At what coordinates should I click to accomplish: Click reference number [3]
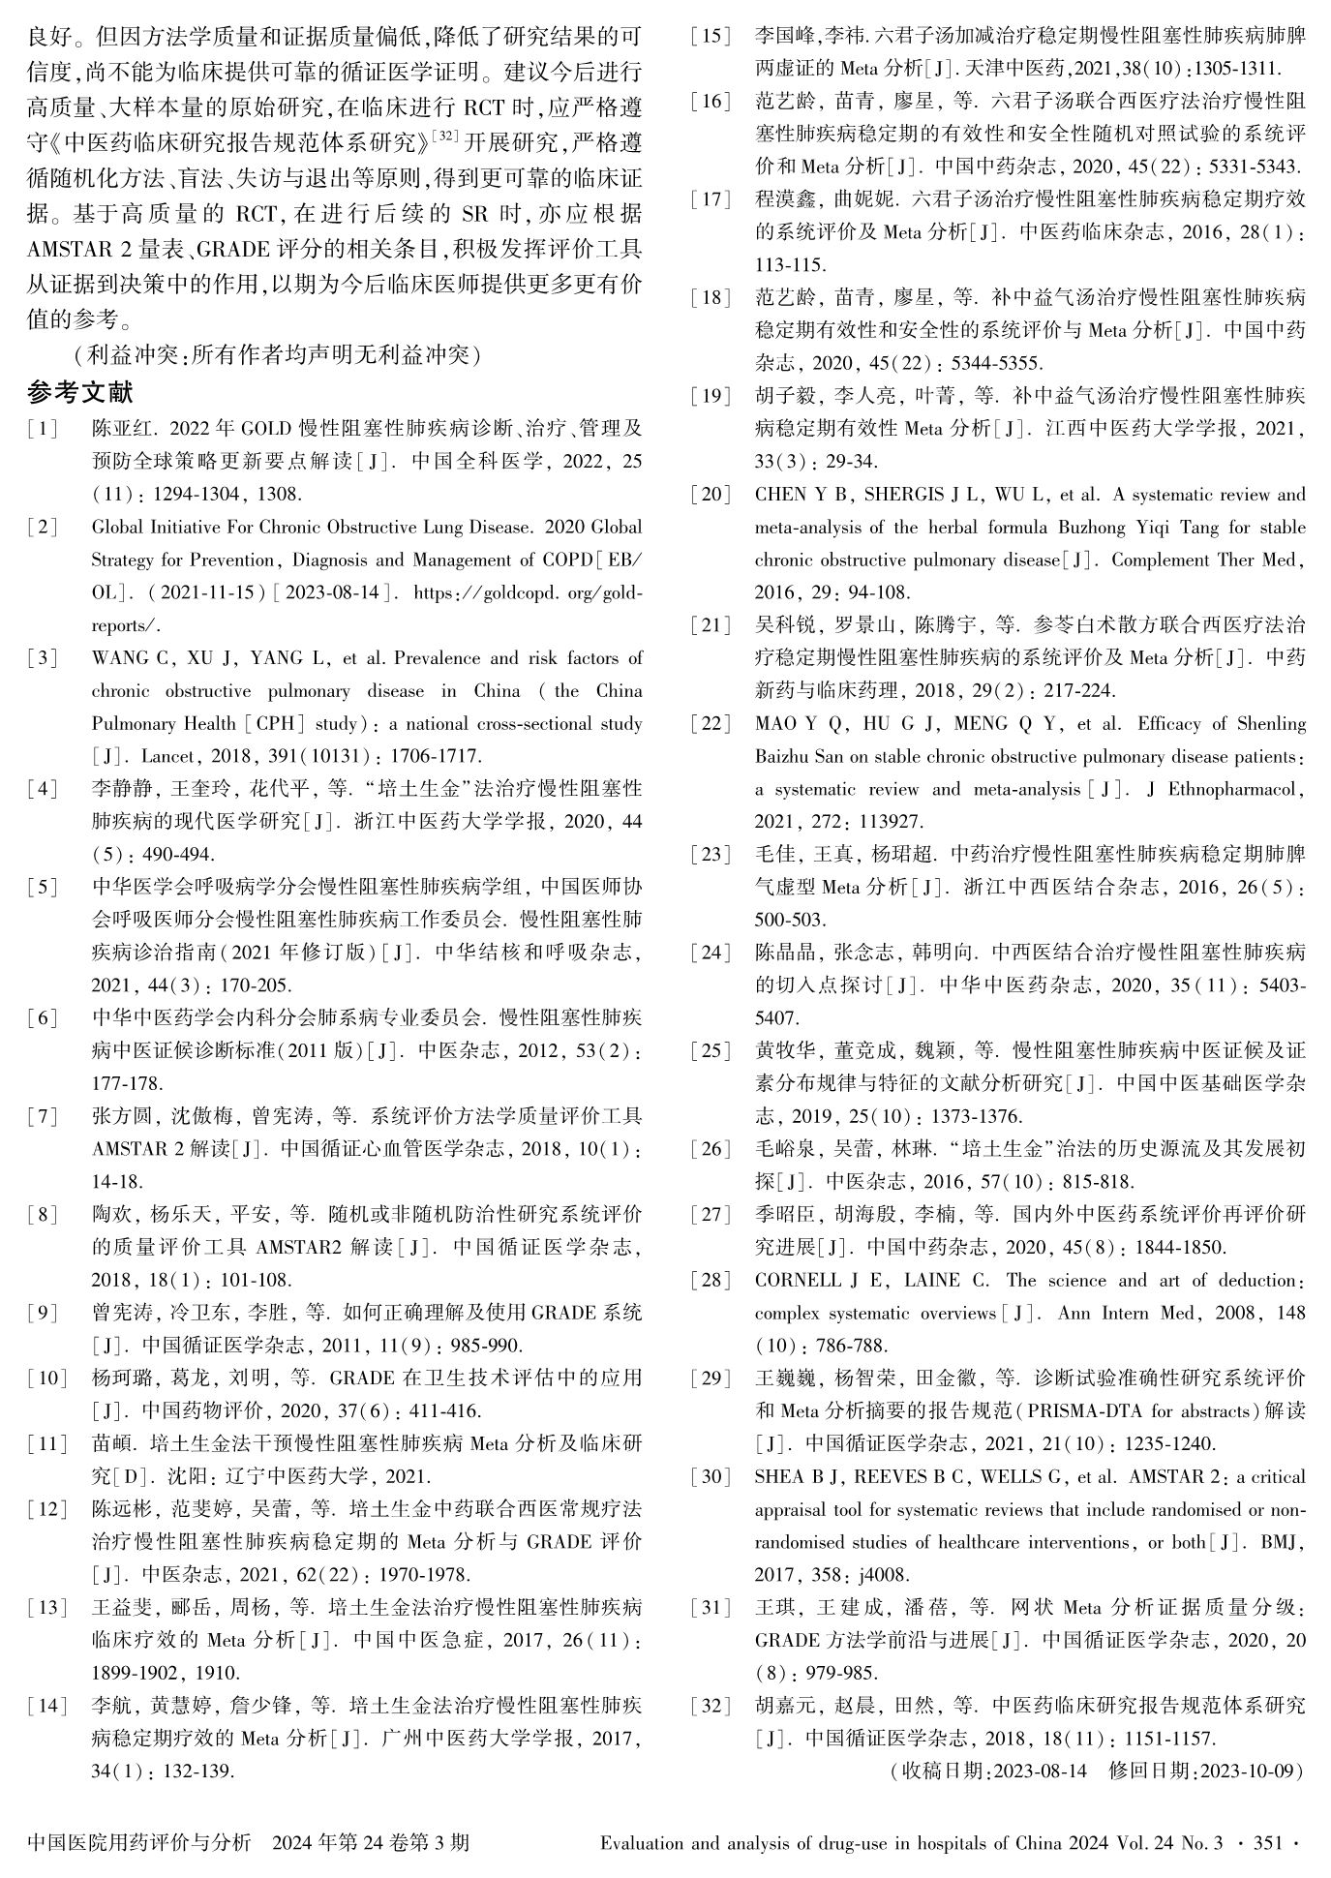pyautogui.click(x=43, y=658)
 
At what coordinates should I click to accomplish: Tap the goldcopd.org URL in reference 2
pyautogui.click(x=528, y=592)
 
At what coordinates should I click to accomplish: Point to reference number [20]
pyautogui.click(x=711, y=495)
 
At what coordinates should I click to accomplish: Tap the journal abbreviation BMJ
pyautogui.click(x=1283, y=1542)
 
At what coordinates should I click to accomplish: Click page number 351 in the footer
pyautogui.click(x=1267, y=1843)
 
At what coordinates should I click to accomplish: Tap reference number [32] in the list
pyautogui.click(x=711, y=1706)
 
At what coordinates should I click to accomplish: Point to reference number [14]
pyautogui.click(x=47, y=1706)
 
